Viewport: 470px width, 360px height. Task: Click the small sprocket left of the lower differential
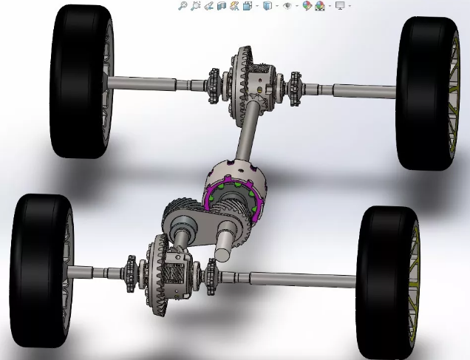click(x=132, y=265)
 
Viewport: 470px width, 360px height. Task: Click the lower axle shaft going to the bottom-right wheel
click(x=296, y=279)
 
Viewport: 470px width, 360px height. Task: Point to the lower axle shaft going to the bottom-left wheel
click(x=96, y=271)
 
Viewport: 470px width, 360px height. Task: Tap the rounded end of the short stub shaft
click(x=221, y=256)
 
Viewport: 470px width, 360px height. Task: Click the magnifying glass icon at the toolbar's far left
click(x=183, y=6)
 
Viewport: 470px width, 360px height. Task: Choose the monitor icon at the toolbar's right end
click(x=340, y=6)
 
